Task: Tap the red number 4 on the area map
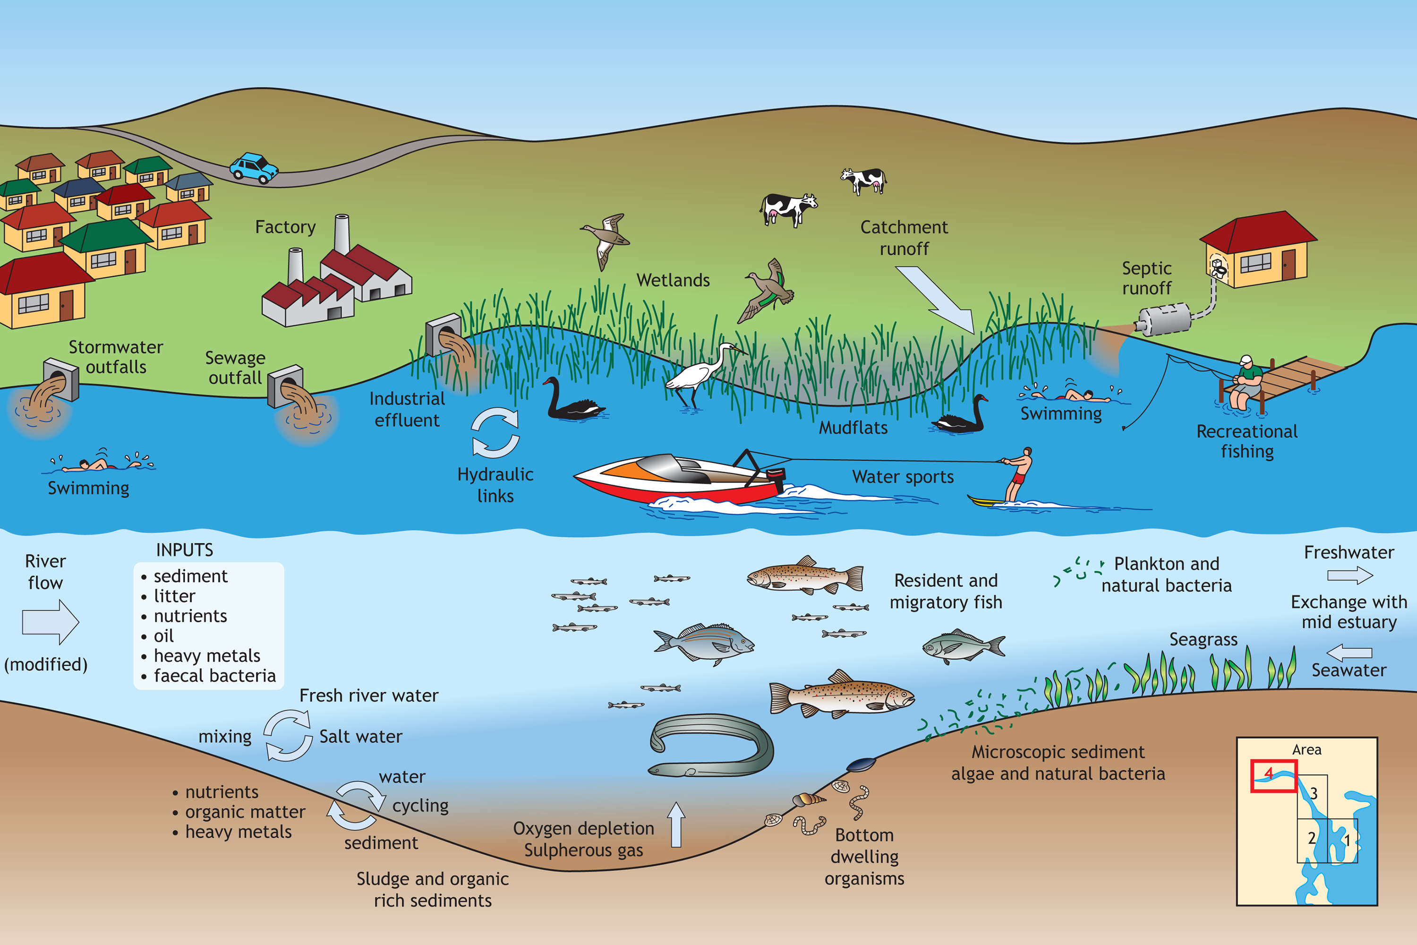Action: coord(1269,773)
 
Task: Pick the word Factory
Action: coord(285,227)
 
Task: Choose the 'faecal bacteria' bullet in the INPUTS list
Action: coord(214,676)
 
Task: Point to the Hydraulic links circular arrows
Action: coord(495,432)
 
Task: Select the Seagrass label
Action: coord(1203,639)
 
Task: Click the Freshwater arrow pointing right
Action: coord(1349,576)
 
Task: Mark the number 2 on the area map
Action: coord(1312,838)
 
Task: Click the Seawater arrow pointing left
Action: coord(1349,652)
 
